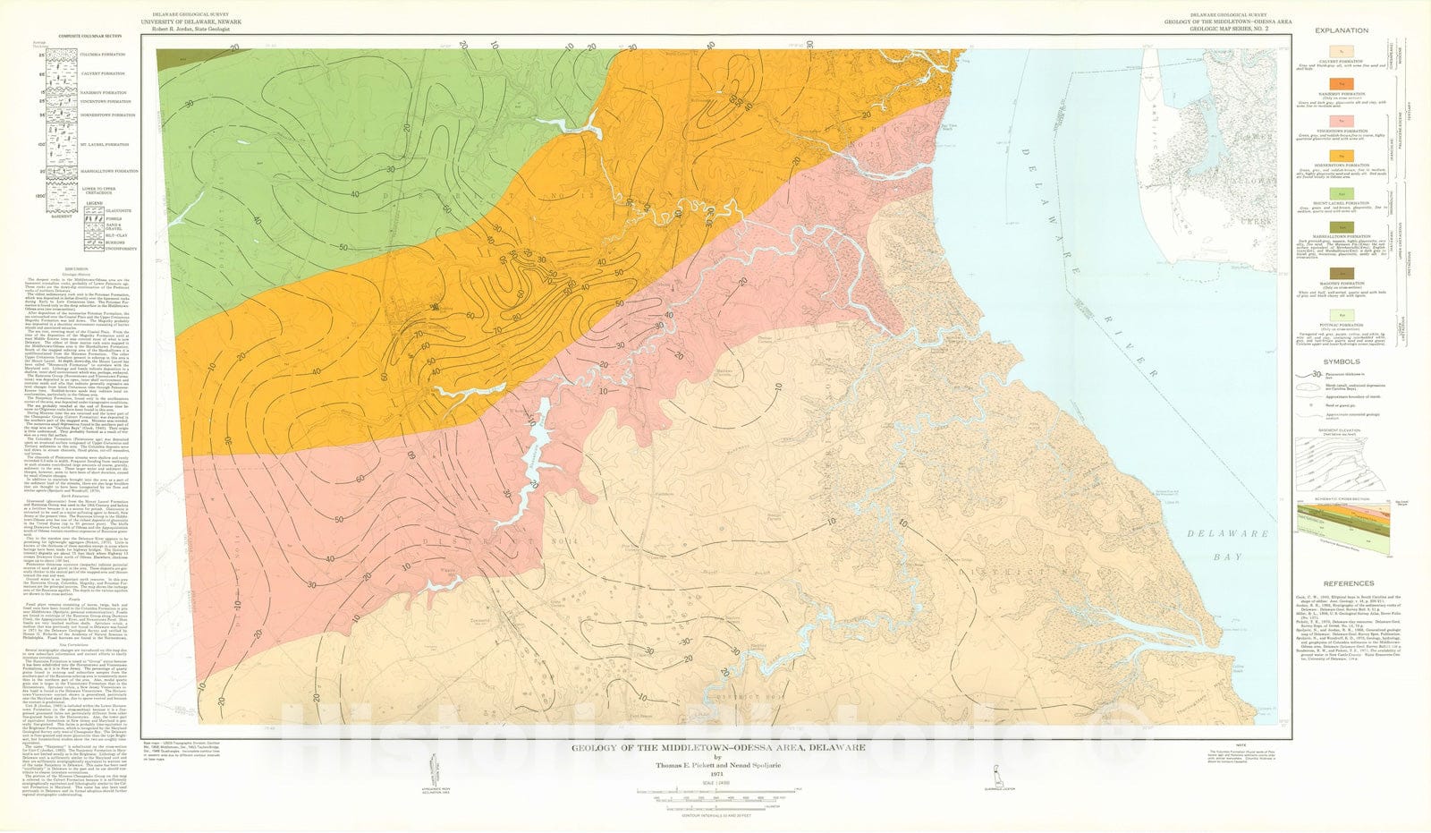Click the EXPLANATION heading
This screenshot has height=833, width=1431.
pyautogui.click(x=1341, y=30)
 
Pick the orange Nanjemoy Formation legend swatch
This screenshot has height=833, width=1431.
pyautogui.click(x=1342, y=82)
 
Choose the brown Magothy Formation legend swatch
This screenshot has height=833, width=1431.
pyautogui.click(x=1342, y=272)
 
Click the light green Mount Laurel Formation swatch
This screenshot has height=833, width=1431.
pyautogui.click(x=1342, y=192)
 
